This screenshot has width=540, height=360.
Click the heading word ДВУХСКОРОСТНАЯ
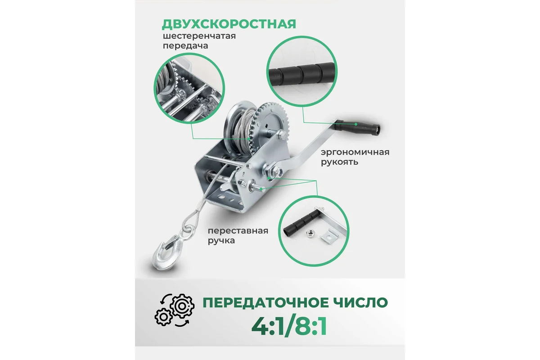click(229, 24)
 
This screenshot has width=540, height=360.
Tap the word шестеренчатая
click(199, 36)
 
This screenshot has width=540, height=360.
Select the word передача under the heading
click(185, 46)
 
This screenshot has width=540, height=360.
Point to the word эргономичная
click(355, 153)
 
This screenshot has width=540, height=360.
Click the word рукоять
click(339, 162)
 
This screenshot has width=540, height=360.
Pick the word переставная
click(238, 231)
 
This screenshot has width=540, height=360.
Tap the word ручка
click(221, 241)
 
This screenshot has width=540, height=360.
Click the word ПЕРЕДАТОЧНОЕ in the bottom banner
click(265, 302)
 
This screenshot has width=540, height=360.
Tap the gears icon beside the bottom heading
click(174, 310)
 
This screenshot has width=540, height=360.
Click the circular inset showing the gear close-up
click(189, 89)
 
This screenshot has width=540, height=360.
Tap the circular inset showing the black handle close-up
click(302, 72)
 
